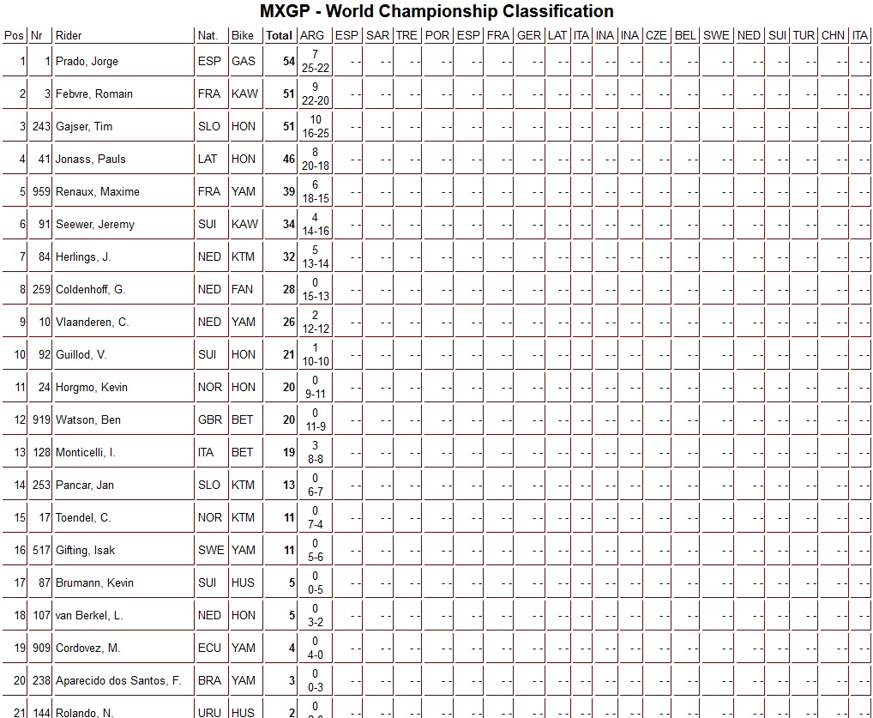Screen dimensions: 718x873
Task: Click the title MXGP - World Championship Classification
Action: point(436,12)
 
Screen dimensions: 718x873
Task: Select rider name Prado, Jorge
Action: point(87,62)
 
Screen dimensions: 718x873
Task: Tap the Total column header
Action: point(279,36)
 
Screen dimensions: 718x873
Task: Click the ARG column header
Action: point(312,36)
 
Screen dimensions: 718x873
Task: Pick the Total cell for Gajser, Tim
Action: point(288,127)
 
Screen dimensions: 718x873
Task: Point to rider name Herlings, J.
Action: point(83,257)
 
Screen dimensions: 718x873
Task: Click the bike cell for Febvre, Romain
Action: point(244,94)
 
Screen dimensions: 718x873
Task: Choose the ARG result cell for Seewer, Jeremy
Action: point(315,225)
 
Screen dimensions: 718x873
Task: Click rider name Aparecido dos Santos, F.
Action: point(118,681)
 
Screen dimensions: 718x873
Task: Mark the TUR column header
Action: point(804,36)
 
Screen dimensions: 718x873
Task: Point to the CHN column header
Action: point(833,36)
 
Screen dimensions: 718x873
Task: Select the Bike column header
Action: point(243,36)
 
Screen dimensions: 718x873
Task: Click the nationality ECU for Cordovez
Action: point(209,649)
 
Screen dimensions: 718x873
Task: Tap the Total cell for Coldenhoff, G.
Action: point(288,290)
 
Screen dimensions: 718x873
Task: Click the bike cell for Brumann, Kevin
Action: point(243,583)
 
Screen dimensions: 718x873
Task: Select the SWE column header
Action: point(716,36)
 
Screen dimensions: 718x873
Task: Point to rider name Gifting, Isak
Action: point(85,551)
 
